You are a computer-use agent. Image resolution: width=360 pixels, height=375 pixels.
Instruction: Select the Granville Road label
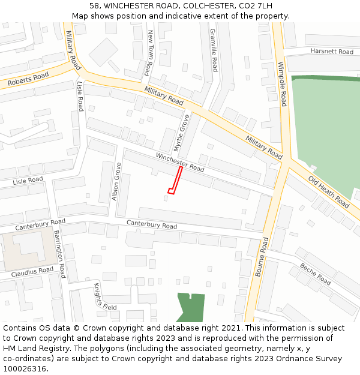pos(214,50)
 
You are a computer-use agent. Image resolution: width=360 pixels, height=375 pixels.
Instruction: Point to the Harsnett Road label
pos(332,52)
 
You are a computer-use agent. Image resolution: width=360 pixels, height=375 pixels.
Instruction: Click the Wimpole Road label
pos(282,84)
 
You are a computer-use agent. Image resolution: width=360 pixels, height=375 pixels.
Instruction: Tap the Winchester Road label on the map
pos(180,161)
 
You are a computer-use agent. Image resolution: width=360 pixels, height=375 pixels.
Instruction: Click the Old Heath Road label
pos(329,192)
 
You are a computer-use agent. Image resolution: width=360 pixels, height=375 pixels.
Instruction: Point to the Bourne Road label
pos(263,256)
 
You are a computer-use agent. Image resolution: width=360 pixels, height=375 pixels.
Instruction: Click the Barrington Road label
pos(60,253)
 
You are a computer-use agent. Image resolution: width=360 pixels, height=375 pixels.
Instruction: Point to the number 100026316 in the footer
pos(25,369)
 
